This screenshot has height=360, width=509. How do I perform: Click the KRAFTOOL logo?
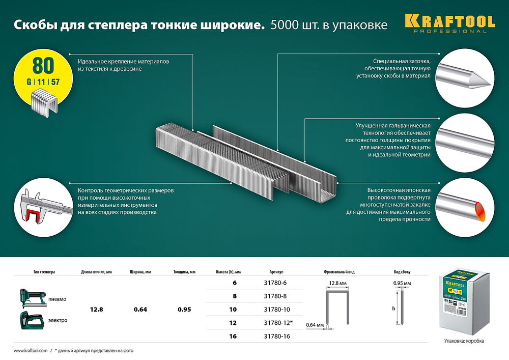(x=450, y=22)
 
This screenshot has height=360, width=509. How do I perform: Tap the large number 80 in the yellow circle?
(x=43, y=65)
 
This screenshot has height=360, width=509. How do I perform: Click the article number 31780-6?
(x=277, y=284)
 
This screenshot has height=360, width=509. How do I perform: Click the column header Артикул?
(x=277, y=271)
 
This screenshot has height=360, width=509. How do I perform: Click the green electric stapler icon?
(x=32, y=319)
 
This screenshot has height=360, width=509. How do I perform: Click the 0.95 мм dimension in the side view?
(x=402, y=282)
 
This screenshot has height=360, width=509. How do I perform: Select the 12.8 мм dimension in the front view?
(x=337, y=282)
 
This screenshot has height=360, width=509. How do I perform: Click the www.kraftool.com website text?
(x=30, y=351)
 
